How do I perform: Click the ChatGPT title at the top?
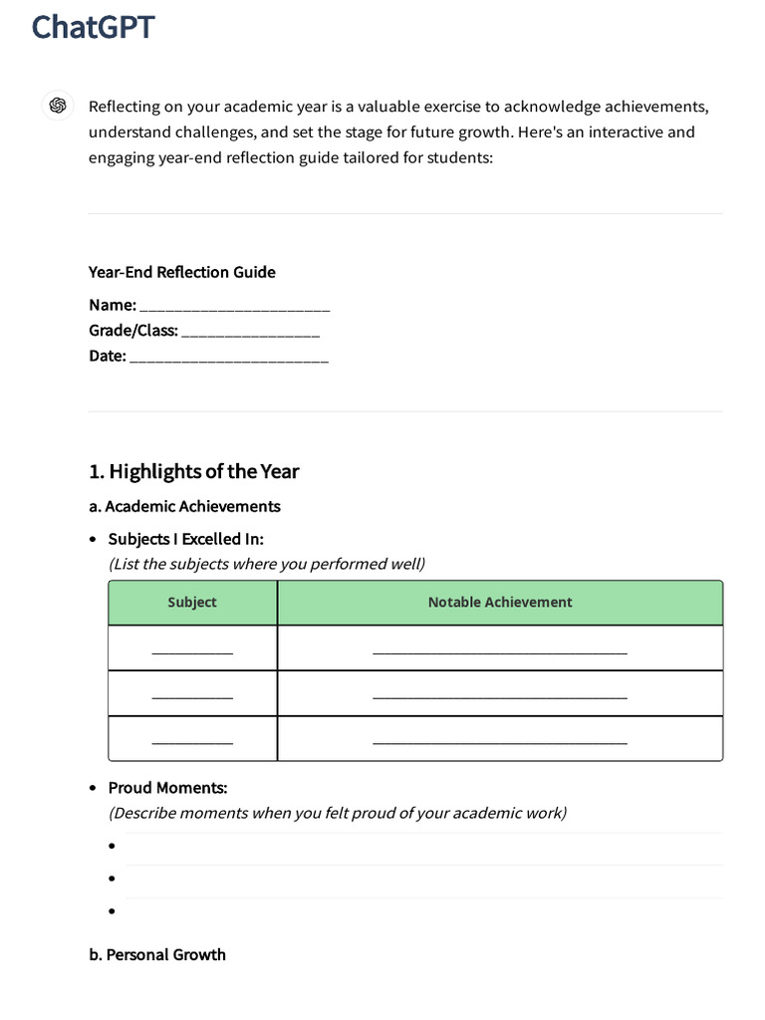coord(93,27)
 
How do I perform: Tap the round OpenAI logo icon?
coord(58,106)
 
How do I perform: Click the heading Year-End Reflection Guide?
coord(181,272)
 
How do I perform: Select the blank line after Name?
coord(235,307)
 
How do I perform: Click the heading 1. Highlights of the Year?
coord(193,471)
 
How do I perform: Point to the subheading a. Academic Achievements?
coord(184,506)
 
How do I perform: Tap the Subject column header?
coord(192,603)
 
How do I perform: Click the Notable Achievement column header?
coord(500,603)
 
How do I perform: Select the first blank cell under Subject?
coord(192,649)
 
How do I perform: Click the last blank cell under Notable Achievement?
coord(500,740)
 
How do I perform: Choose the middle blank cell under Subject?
coord(192,694)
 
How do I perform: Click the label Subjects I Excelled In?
coord(185,539)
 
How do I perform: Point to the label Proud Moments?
coord(167,788)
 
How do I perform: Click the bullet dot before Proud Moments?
coord(93,789)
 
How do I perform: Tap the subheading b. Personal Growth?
coord(157,954)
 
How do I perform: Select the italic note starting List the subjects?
coord(266,564)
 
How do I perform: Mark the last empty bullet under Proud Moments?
coord(113,910)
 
